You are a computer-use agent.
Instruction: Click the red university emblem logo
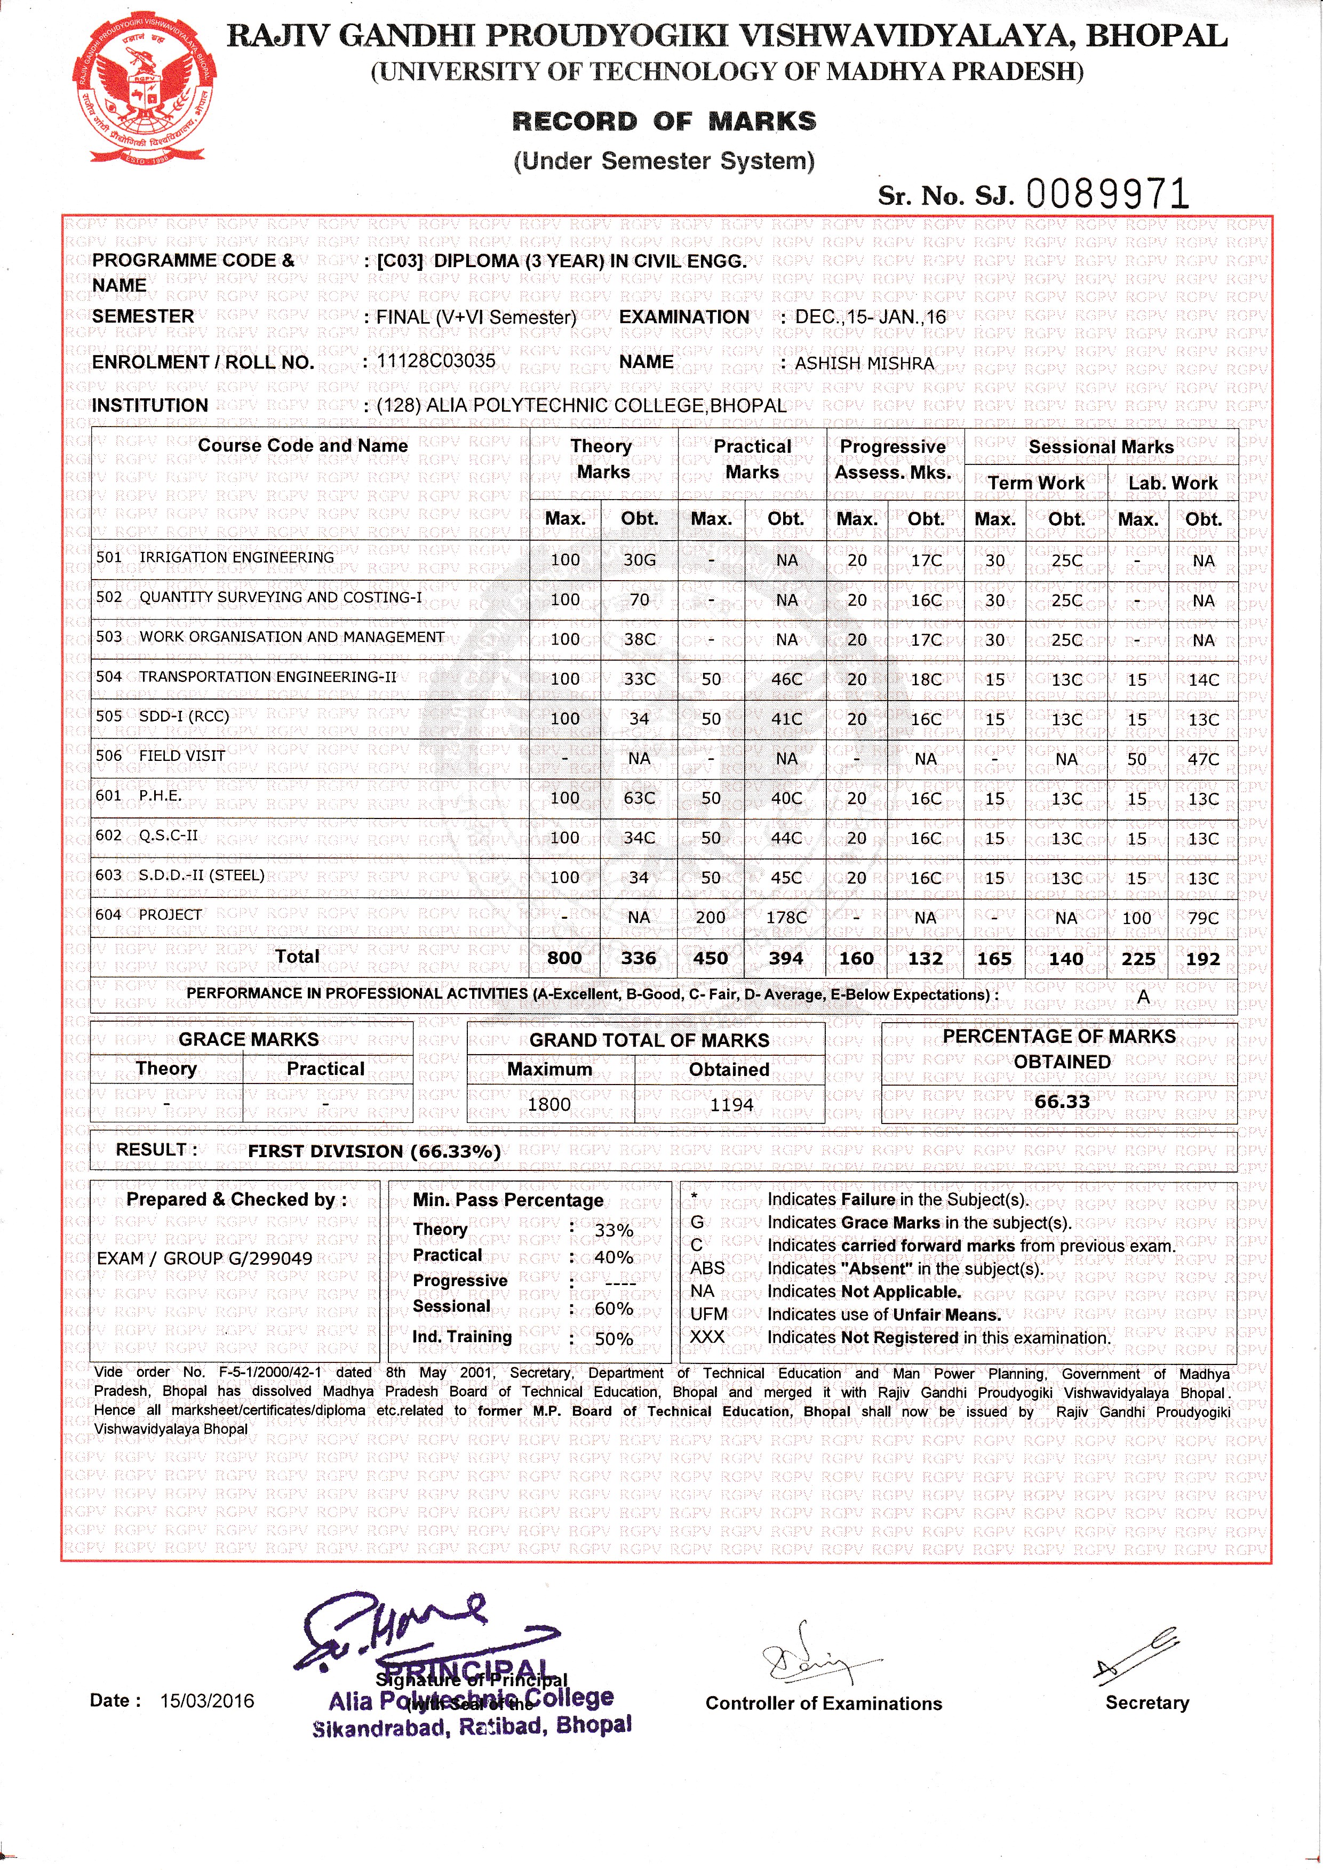145,91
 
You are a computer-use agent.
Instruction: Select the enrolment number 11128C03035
436,361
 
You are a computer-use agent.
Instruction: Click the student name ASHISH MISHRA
864,363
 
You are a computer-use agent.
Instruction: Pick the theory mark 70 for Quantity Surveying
640,599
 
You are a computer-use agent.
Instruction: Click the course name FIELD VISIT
182,756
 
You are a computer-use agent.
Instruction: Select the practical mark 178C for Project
786,918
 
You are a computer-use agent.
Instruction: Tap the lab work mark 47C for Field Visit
1204,759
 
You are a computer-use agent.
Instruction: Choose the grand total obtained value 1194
731,1104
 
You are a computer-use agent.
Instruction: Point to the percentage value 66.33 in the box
1062,1101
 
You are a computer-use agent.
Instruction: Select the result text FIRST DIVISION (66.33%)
374,1151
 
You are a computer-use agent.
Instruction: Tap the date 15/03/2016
207,1700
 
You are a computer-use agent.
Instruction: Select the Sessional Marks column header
1101,446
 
